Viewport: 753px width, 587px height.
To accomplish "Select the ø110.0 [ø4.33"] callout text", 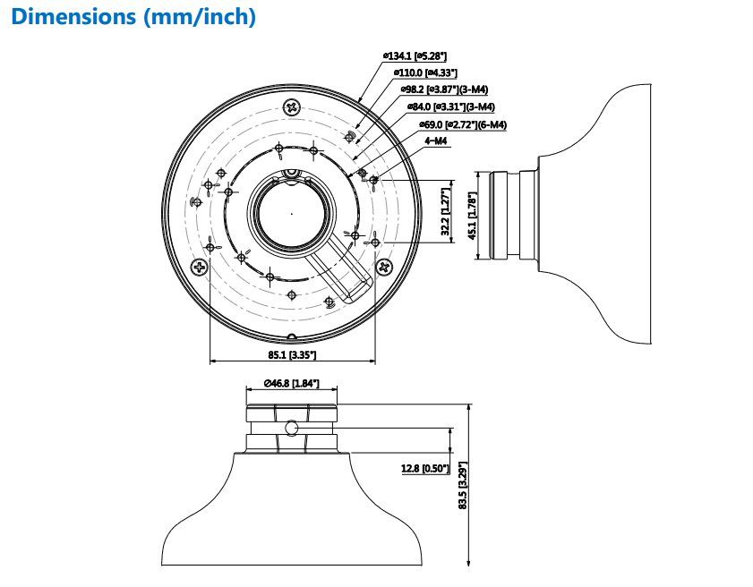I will (425, 72).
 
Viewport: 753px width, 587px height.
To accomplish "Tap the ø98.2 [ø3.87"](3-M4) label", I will (444, 89).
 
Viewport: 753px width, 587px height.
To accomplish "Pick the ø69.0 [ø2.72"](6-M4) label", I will (463, 124).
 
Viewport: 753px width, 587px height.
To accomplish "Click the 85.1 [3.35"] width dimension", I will (292, 355).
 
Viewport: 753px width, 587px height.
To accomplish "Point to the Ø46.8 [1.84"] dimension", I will (291, 383).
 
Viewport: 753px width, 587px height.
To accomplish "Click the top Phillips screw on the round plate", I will (291, 107).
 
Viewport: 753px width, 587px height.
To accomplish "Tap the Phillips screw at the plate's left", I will (199, 267).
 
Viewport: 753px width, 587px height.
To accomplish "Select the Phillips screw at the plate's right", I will (385, 266).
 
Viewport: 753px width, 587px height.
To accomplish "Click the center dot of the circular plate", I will (292, 214).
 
